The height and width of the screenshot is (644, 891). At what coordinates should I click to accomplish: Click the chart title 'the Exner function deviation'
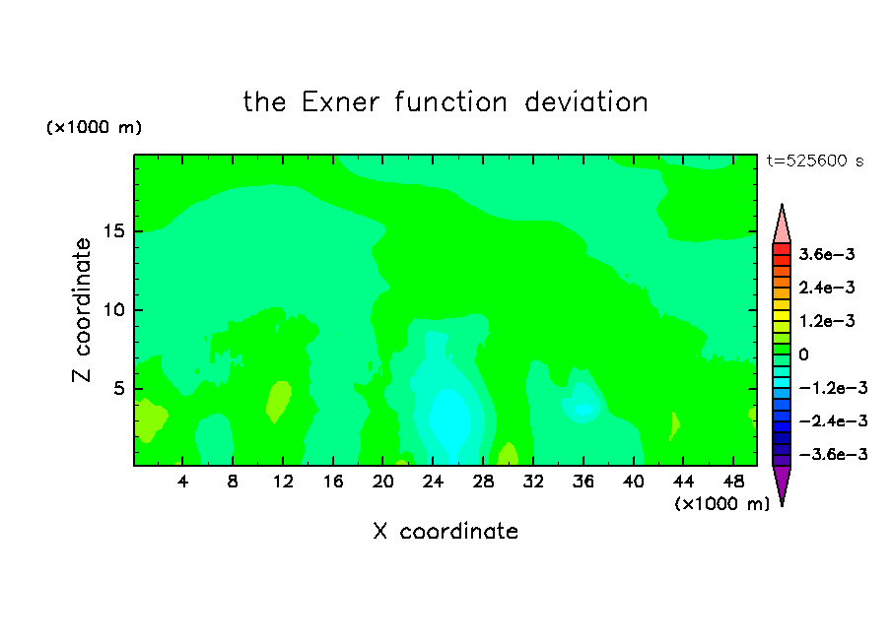[445, 102]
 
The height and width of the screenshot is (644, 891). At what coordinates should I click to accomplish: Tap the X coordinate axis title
[445, 532]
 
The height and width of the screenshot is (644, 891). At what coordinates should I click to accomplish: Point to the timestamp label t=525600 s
[815, 161]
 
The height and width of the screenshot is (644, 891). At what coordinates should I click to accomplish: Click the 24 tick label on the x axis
[433, 483]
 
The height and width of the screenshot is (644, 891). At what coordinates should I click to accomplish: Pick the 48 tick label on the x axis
[733, 483]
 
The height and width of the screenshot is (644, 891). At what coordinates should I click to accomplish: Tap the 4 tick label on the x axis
[182, 483]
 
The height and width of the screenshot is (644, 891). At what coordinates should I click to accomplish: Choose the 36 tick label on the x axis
[583, 483]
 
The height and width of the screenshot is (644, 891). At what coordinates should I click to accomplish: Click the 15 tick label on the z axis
[114, 231]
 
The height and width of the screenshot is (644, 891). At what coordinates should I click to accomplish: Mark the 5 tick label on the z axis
[119, 388]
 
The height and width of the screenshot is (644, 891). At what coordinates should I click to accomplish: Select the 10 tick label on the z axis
[114, 310]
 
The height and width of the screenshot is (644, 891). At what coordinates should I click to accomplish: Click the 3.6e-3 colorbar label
[827, 254]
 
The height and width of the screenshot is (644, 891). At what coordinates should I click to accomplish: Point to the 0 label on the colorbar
[803, 354]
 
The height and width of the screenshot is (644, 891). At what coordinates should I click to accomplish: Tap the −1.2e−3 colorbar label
[833, 388]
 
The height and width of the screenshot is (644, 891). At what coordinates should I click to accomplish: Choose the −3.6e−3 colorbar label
[833, 454]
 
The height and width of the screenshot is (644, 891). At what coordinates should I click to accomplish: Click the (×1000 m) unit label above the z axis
[94, 127]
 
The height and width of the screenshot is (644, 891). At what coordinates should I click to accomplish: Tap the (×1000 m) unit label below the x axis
[721, 504]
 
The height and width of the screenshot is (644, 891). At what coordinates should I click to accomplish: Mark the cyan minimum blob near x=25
[449, 420]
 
